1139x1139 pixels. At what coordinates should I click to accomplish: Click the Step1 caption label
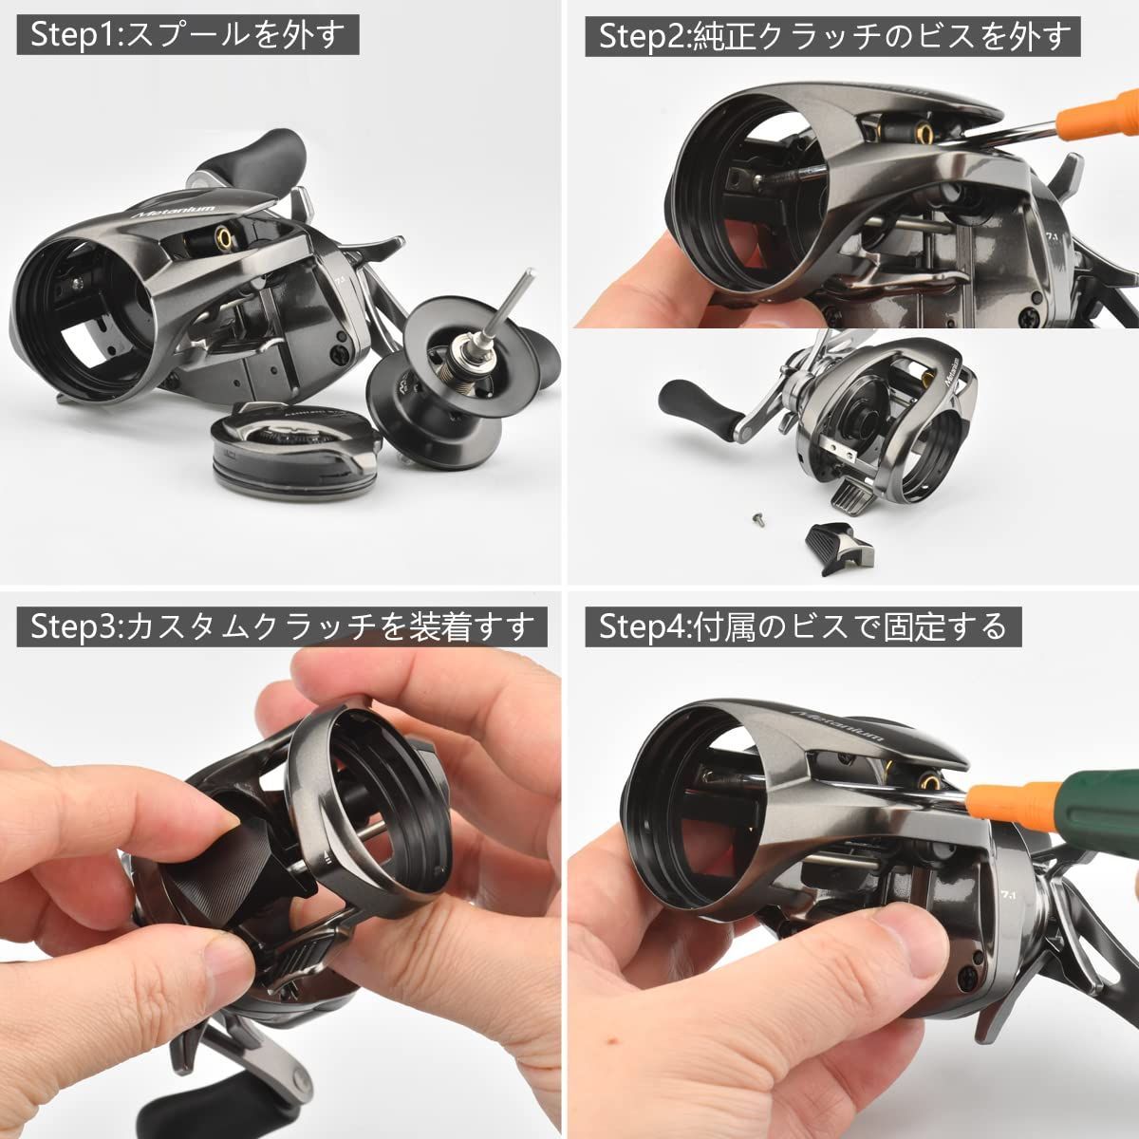pyautogui.click(x=189, y=37)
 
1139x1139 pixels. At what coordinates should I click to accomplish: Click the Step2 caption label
pyautogui.click(x=835, y=37)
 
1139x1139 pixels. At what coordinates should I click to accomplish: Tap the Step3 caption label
pyautogui.click(x=275, y=626)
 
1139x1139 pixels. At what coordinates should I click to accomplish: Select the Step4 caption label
pyautogui.click(x=802, y=626)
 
